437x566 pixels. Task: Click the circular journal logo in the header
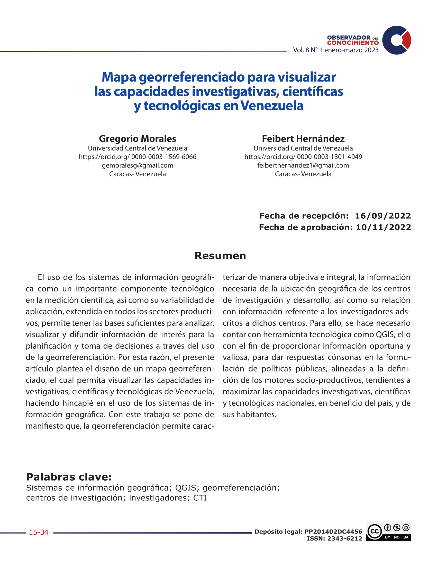[x=396, y=40]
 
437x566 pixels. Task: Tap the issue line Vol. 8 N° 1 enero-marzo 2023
[x=335, y=50]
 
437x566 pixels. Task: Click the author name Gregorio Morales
[x=138, y=139]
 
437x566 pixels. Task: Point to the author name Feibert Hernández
[x=303, y=139]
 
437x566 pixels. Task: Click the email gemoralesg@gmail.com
[x=138, y=165]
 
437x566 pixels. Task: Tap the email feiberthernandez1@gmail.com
[x=303, y=165]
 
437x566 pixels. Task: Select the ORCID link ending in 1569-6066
[x=138, y=157]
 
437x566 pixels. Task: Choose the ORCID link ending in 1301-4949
[x=303, y=157]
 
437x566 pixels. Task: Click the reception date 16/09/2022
[x=383, y=216]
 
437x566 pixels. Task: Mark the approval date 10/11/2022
[x=383, y=227]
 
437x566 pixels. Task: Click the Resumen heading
[x=220, y=256]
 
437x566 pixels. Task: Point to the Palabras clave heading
[x=69, y=477]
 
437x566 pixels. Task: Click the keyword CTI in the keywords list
[x=200, y=498]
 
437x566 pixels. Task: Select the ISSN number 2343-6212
[x=344, y=538]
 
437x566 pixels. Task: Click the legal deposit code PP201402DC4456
[x=333, y=532]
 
